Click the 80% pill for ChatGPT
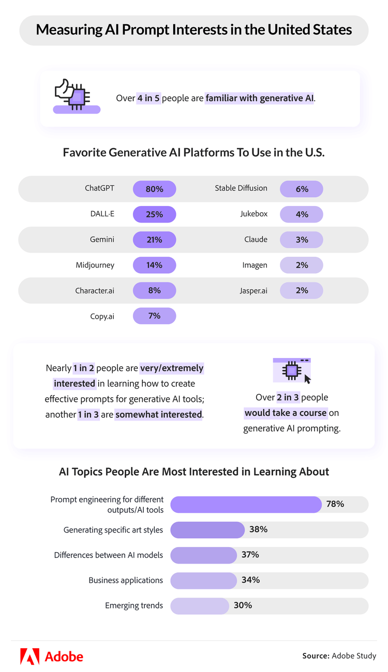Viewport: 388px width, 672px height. click(x=154, y=189)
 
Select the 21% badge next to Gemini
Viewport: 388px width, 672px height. click(x=154, y=240)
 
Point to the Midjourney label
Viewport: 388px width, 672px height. click(x=95, y=265)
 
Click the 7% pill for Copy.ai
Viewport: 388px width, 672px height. click(x=154, y=316)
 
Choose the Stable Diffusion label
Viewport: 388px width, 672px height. click(x=241, y=188)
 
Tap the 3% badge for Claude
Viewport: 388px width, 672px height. click(x=302, y=240)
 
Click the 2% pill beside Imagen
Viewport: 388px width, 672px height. click(x=302, y=265)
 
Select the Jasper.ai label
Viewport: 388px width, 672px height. click(x=253, y=291)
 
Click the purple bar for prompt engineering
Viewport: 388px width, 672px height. click(x=246, y=504)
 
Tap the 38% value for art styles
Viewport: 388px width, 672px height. click(x=258, y=529)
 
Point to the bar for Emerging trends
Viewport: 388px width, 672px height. click(x=200, y=605)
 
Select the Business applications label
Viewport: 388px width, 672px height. click(x=126, y=580)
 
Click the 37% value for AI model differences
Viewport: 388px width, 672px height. click(x=250, y=555)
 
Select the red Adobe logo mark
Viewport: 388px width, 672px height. click(x=29, y=656)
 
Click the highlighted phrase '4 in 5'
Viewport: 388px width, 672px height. click(x=149, y=98)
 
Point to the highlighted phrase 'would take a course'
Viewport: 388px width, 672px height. click(x=286, y=413)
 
